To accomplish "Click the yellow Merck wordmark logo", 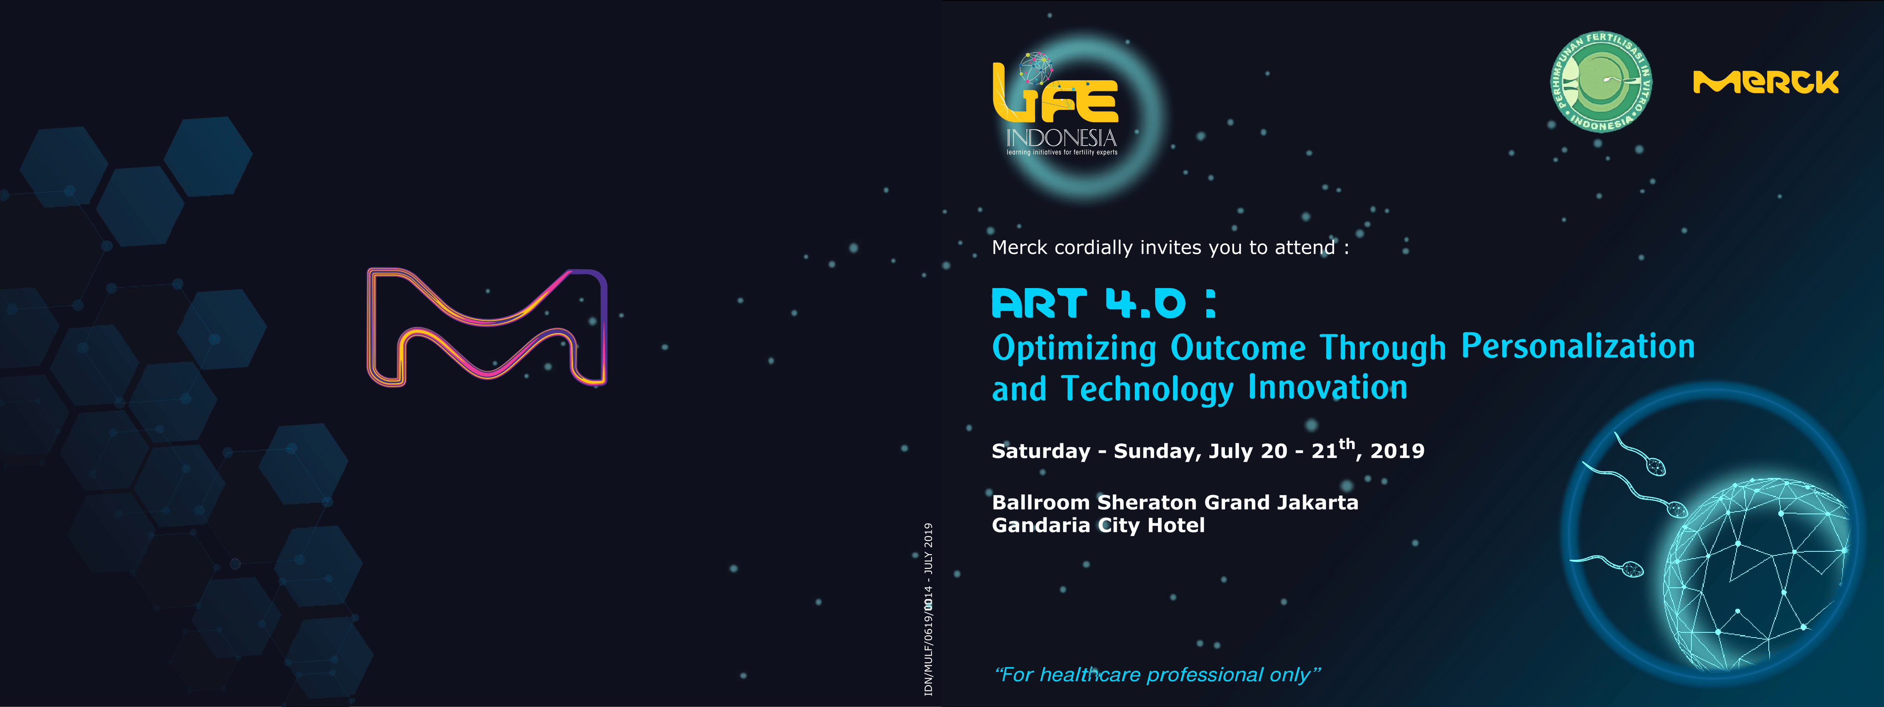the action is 1766,82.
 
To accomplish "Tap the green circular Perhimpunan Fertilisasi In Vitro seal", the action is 1601,82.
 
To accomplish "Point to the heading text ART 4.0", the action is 1088,303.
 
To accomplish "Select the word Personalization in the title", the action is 1577,346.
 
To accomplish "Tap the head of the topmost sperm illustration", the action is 1656,466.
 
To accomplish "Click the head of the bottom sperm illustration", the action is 1632,569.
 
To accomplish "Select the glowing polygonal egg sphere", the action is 1755,575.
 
